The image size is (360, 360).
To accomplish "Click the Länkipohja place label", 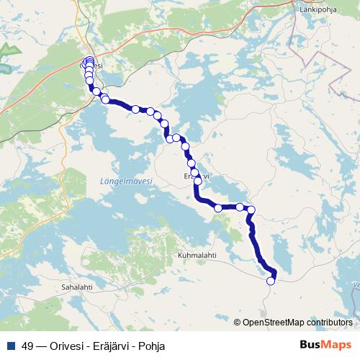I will pos(319,10).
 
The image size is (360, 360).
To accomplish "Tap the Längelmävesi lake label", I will pos(121,182).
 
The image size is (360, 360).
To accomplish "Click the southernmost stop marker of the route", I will pos(271,282).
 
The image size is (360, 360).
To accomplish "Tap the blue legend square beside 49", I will pos(11,346).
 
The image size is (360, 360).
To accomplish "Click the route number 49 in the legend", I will pos(28,346).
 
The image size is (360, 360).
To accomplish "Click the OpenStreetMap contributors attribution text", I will pos(297,323).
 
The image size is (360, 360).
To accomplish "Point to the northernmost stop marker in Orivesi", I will pos(89,60).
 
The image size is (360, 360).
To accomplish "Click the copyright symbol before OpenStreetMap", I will pos(238,323).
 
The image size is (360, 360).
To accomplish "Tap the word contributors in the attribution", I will pos(328,323).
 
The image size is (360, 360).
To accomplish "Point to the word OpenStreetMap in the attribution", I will pos(273,323).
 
